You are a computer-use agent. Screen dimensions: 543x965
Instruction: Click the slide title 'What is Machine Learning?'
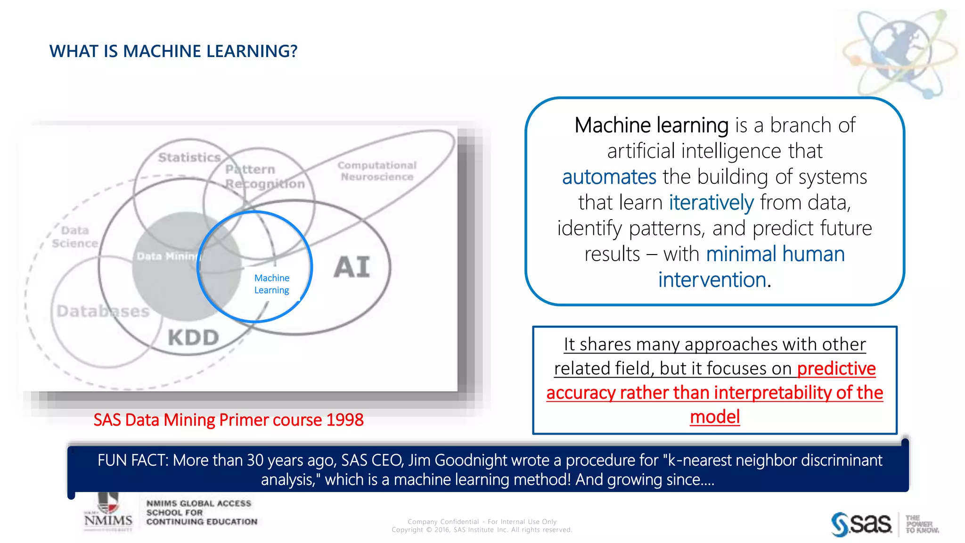[173, 51]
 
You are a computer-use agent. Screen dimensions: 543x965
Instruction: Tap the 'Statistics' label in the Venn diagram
[189, 157]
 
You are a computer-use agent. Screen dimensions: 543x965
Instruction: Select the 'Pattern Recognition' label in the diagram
[264, 176]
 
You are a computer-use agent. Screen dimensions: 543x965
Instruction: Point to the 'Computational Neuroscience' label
[377, 171]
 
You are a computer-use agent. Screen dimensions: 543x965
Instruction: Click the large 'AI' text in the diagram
[352, 267]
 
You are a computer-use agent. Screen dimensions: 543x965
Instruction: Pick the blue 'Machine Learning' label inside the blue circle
[272, 284]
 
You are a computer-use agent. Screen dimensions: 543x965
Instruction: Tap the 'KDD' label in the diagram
[194, 337]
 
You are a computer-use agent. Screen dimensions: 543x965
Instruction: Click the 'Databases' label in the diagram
[103, 311]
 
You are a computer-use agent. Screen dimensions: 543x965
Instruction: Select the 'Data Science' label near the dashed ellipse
[75, 237]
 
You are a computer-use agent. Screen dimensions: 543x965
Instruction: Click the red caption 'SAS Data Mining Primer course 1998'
[228, 420]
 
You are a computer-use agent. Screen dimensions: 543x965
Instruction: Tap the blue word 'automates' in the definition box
[609, 177]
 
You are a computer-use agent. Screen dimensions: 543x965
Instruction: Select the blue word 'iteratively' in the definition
[711, 203]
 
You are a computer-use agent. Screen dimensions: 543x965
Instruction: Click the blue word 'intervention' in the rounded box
[712, 280]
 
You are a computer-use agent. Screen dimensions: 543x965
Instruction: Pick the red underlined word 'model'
[715, 417]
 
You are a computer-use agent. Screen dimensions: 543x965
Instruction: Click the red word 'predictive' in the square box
[836, 369]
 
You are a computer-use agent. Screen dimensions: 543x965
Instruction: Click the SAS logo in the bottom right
[861, 524]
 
